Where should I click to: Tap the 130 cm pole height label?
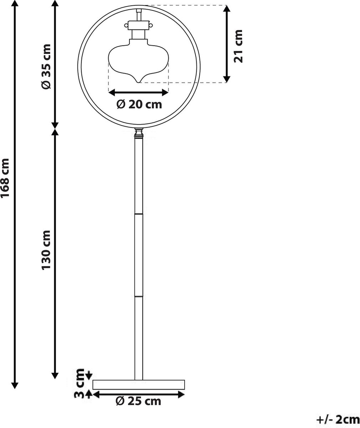click(x=47, y=249)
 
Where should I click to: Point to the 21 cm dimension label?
click(x=238, y=46)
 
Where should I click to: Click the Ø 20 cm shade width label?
click(x=139, y=104)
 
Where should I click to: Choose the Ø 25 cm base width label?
click(x=138, y=401)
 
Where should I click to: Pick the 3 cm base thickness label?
click(x=81, y=384)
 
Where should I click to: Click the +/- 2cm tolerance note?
click(x=338, y=418)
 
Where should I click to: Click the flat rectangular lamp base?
click(x=139, y=384)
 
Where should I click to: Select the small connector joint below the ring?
click(x=138, y=134)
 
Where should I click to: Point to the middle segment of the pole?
click(x=138, y=255)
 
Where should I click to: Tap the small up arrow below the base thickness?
click(x=88, y=394)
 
